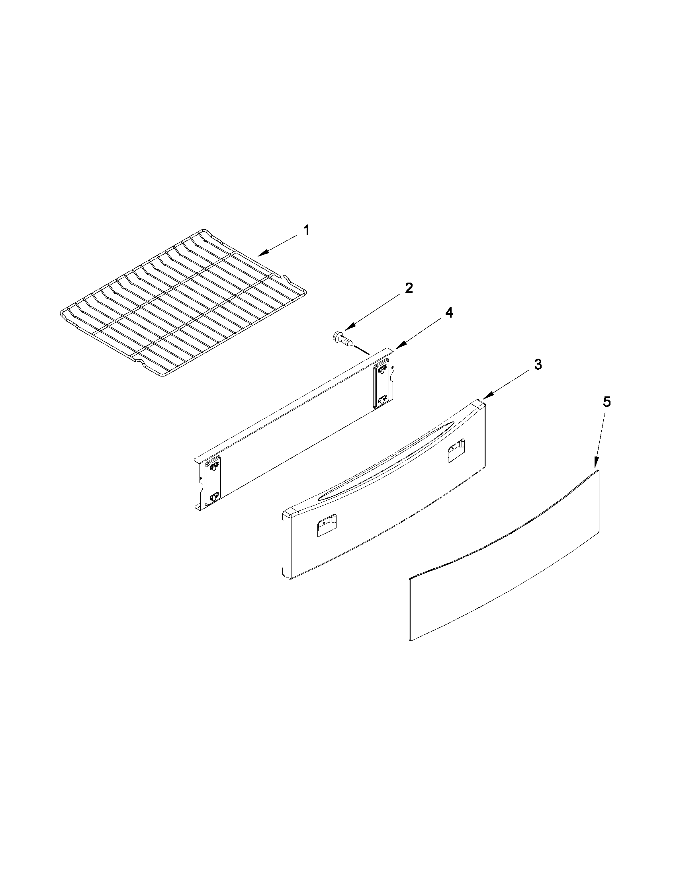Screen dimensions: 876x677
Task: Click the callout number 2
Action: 409,288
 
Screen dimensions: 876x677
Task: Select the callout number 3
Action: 538,365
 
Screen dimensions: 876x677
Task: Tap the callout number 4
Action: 449,312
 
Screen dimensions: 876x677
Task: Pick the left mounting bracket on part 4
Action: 213,485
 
